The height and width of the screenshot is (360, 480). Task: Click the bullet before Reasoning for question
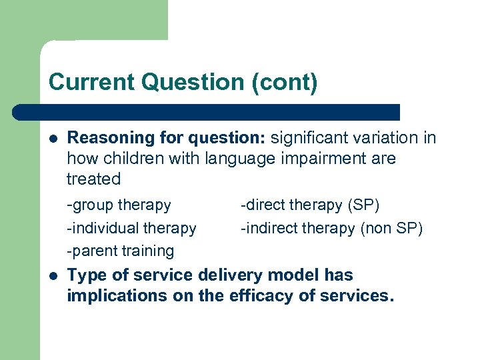coord(53,138)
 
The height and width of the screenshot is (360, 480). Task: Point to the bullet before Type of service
coord(53,275)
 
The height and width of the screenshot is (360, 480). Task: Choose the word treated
coord(93,179)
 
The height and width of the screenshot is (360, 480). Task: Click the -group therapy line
coord(119,205)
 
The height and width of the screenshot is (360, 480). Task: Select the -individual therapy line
coord(131,228)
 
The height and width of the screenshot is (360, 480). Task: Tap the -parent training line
coord(120,251)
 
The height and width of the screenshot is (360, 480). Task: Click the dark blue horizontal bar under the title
coord(207,112)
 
